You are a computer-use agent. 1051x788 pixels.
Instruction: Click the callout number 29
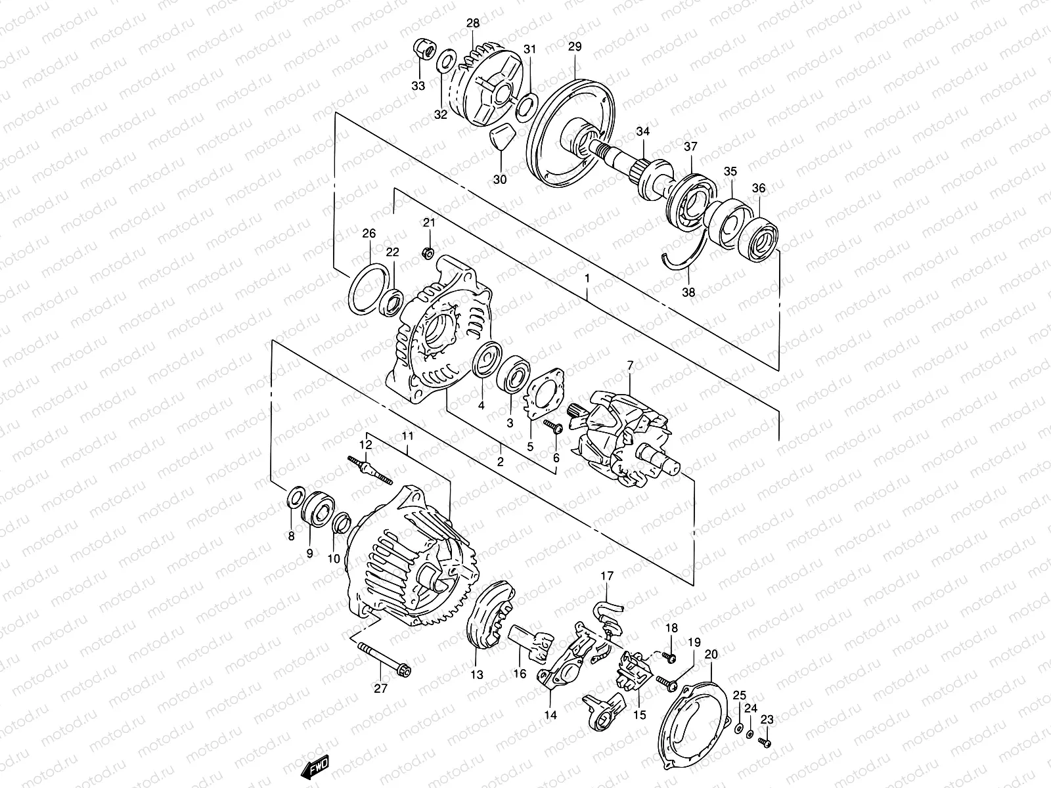[575, 47]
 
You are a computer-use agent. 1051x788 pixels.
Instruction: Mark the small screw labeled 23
[765, 742]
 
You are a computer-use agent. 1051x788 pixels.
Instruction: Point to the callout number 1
[587, 278]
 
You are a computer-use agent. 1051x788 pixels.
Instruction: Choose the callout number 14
[550, 714]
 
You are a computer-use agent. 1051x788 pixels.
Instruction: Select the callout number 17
[607, 576]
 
